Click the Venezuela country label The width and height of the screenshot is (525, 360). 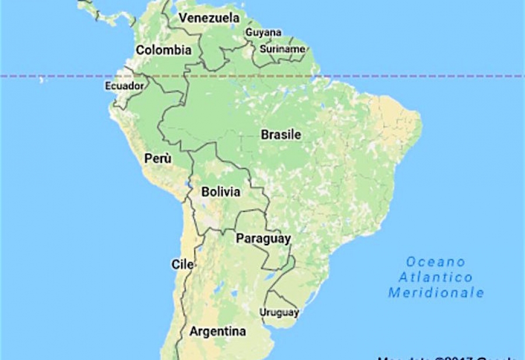pyautogui.click(x=209, y=18)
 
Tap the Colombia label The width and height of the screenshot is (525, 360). pyautogui.click(x=163, y=50)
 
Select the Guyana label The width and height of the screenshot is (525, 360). pyautogui.click(x=264, y=33)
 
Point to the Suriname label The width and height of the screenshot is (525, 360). pyautogui.click(x=282, y=49)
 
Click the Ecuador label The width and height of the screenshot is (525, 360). pyautogui.click(x=123, y=86)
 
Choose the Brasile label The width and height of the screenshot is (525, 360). pyautogui.click(x=281, y=135)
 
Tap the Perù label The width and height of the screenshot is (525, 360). pyautogui.click(x=158, y=158)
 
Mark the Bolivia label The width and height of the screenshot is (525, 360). pyautogui.click(x=220, y=192)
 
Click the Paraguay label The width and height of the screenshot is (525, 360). pyautogui.click(x=263, y=239)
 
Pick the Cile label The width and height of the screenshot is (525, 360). pyautogui.click(x=183, y=264)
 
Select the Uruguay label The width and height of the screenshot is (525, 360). pyautogui.click(x=279, y=313)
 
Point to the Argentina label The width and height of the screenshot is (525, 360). pyautogui.click(x=218, y=332)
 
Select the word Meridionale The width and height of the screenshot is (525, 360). pyautogui.click(x=436, y=292)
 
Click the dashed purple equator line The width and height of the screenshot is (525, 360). pyautogui.click(x=408, y=76)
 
